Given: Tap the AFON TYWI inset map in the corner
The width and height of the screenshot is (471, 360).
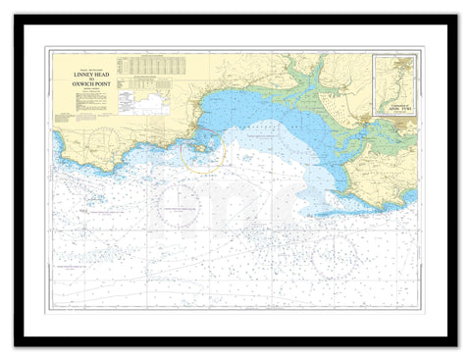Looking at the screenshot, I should [393, 86].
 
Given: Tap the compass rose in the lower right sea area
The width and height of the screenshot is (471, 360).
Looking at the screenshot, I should [334, 257].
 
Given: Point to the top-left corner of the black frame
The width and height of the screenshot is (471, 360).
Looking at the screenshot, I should [17, 17].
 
